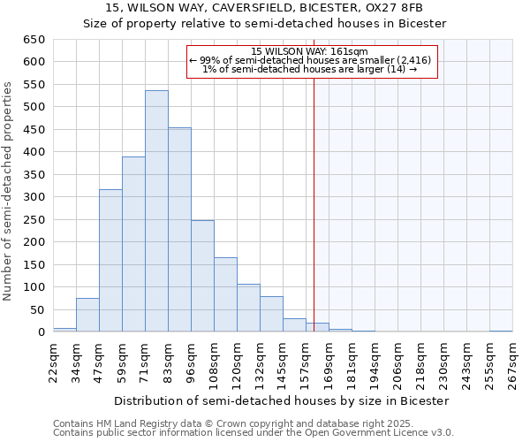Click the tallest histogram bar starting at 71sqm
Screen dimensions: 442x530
(x=156, y=211)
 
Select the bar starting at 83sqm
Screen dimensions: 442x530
(x=179, y=230)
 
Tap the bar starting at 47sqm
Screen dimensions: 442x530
(x=110, y=261)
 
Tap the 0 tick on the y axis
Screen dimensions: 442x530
(x=41, y=332)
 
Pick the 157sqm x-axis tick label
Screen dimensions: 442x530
(x=306, y=362)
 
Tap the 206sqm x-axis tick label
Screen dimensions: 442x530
(x=397, y=362)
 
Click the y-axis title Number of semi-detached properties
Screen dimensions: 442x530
(x=9, y=191)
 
